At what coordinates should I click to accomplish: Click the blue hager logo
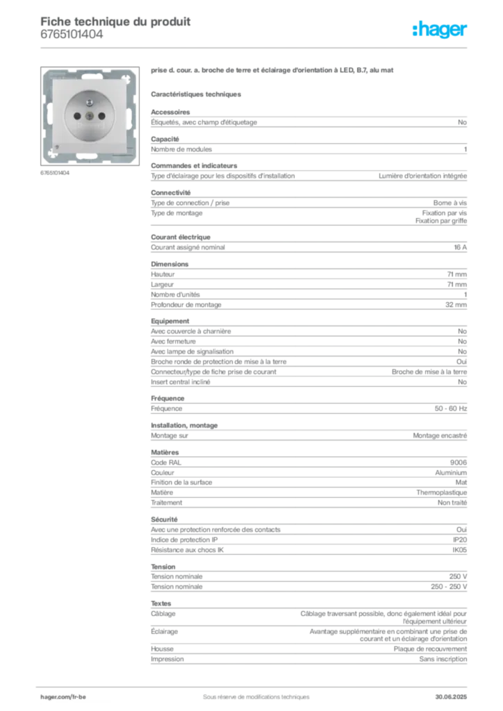(x=440, y=31)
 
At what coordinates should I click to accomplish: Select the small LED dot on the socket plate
(x=60, y=147)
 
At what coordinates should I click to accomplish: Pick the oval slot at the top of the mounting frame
(x=91, y=72)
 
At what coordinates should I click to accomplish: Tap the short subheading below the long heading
(x=197, y=93)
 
